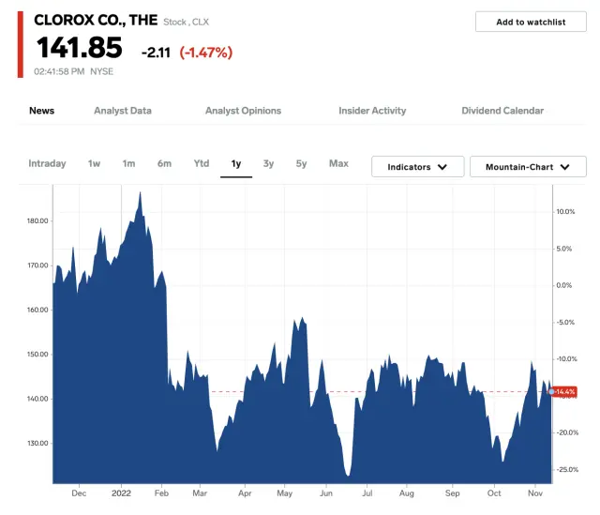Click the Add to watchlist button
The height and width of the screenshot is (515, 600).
point(530,22)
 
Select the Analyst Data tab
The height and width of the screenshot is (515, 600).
point(123,111)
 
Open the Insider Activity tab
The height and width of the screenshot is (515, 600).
point(372,111)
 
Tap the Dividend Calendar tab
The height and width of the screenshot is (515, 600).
point(502,111)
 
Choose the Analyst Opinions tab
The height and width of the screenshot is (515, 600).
point(243,111)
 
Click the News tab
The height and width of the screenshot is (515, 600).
point(41,111)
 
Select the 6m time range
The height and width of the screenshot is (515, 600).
point(164,164)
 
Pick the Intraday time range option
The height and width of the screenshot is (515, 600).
point(47,164)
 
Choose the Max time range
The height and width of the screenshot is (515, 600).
point(338,164)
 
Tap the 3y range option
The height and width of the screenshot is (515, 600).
point(268,164)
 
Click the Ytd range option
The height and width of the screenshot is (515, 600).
point(201,164)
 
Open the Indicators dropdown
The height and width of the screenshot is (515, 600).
point(417,167)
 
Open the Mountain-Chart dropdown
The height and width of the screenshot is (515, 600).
point(528,167)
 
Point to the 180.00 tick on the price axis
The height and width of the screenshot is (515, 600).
point(37,221)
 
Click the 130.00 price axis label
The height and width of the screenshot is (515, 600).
point(37,444)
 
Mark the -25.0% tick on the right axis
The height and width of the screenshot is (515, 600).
point(567,470)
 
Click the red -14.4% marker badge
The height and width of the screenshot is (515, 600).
point(564,391)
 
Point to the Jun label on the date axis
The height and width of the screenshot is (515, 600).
point(326,492)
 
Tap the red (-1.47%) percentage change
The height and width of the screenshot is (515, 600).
point(205,53)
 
